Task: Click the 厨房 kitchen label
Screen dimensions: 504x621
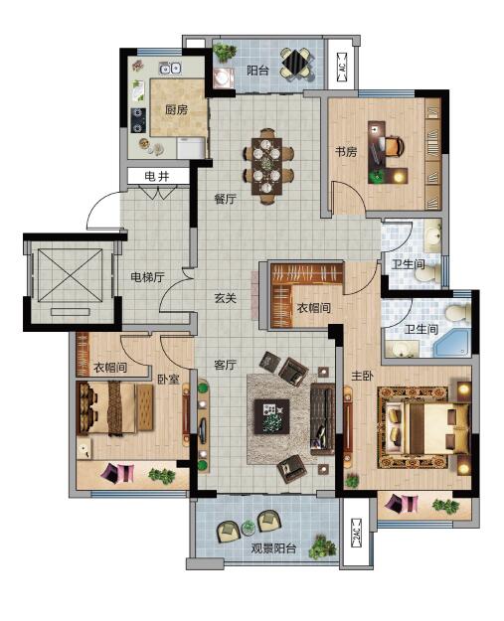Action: (x=176, y=109)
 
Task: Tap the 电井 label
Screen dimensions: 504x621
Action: (x=157, y=176)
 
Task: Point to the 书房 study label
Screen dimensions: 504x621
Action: (x=346, y=151)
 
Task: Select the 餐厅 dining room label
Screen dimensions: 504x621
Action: (x=225, y=199)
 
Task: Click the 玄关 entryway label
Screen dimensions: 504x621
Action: (x=225, y=298)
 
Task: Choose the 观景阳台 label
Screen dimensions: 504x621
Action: (x=273, y=548)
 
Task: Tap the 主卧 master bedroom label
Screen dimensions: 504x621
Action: (x=363, y=376)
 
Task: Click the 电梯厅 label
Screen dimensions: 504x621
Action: (x=147, y=277)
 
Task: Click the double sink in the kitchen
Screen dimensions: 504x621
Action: (x=170, y=69)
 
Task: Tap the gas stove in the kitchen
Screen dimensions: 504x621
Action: (x=138, y=120)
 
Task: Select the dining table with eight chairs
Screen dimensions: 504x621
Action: (x=267, y=166)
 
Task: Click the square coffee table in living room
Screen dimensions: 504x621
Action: (x=271, y=416)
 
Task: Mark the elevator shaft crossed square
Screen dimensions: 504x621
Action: (x=72, y=275)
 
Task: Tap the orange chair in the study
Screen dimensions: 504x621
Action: (x=394, y=146)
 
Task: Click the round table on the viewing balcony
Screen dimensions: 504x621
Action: (x=249, y=528)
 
